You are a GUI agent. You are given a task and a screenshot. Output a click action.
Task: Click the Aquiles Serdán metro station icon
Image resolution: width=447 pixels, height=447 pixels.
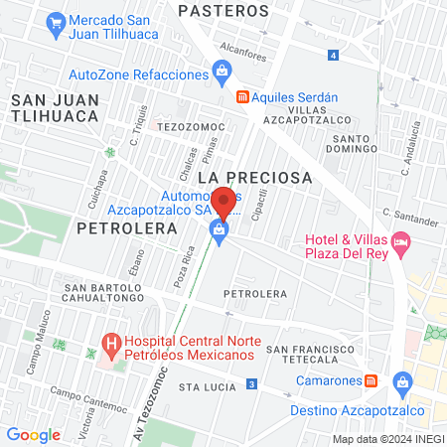coord(241,97)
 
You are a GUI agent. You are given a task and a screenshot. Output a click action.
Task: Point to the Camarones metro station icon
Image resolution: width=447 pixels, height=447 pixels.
coord(371,380)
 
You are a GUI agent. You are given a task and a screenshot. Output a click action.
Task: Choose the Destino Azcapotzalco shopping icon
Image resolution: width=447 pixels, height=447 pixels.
coord(402,380)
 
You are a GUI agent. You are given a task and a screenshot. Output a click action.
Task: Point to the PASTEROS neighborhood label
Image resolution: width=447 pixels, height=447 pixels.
coord(223,11)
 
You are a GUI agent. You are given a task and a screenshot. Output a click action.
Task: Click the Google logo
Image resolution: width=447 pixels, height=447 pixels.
coord(33,433)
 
